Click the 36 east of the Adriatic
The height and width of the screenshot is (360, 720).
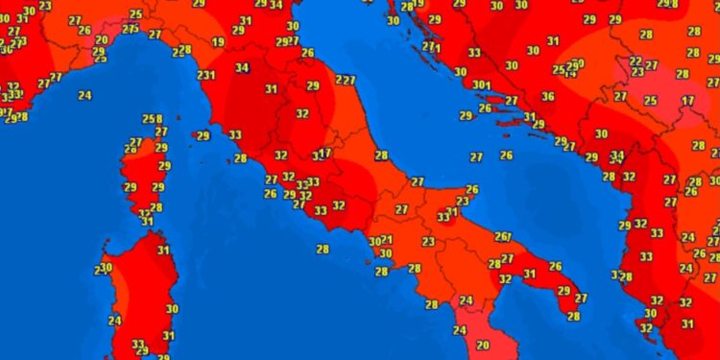pos(547,96)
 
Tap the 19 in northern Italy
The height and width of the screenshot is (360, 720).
pos(219,42)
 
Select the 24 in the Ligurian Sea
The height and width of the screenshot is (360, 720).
pos(85,95)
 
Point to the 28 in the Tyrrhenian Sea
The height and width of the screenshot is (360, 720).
pos(323,249)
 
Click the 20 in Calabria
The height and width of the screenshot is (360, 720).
pos(483,345)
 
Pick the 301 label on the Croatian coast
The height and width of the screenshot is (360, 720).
pos(481,84)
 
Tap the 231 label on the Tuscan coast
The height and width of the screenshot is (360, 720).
pos(204,75)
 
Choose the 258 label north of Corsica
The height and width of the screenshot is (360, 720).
pos(151,119)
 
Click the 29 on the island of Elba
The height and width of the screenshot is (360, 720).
pos(203,136)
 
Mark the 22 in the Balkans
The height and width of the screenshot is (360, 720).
pos(636,61)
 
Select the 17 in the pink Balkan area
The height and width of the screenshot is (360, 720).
pos(687,101)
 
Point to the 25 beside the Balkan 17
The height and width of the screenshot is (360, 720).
pos(650,101)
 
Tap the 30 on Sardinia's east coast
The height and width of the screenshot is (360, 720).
pos(172,308)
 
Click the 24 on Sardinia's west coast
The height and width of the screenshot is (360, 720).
pos(115,321)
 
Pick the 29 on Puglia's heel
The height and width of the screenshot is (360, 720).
pos(564,291)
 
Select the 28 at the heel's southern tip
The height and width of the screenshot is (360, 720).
pos(574,316)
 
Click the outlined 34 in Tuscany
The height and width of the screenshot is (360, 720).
pos(243,68)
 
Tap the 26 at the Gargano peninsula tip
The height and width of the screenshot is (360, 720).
pos(471,189)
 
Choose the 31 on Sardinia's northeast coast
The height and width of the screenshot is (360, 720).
pos(163,252)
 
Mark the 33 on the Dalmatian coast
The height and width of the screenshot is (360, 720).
pos(475,53)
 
